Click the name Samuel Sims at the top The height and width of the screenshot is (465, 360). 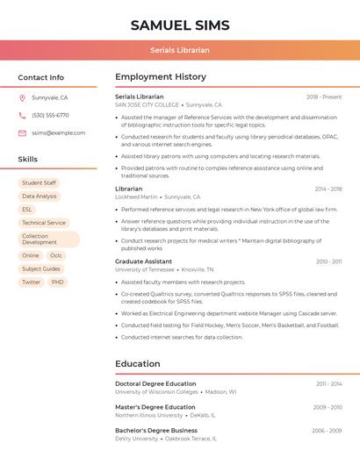[180, 25]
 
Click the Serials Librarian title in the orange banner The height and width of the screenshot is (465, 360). [180, 50]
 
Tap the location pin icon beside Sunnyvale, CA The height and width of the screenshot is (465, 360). [22, 98]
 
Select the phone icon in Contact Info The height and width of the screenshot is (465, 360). [22, 116]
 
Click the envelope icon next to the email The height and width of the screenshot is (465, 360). [22, 133]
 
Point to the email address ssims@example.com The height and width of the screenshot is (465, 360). [58, 133]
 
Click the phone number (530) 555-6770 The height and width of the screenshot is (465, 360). [50, 116]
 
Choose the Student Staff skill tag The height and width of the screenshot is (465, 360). [39, 183]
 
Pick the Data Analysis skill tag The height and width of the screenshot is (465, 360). [39, 197]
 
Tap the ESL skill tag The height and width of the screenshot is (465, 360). [27, 210]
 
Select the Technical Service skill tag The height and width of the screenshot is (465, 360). [44, 223]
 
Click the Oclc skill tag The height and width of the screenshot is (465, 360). [56, 256]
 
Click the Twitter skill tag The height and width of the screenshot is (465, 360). [31, 283]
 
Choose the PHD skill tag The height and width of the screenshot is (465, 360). [57, 283]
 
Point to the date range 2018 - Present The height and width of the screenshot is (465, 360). [324, 97]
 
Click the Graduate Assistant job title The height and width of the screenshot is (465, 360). [143, 261]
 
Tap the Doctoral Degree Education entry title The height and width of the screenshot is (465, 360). [155, 383]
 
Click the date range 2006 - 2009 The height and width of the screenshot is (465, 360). [327, 431]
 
